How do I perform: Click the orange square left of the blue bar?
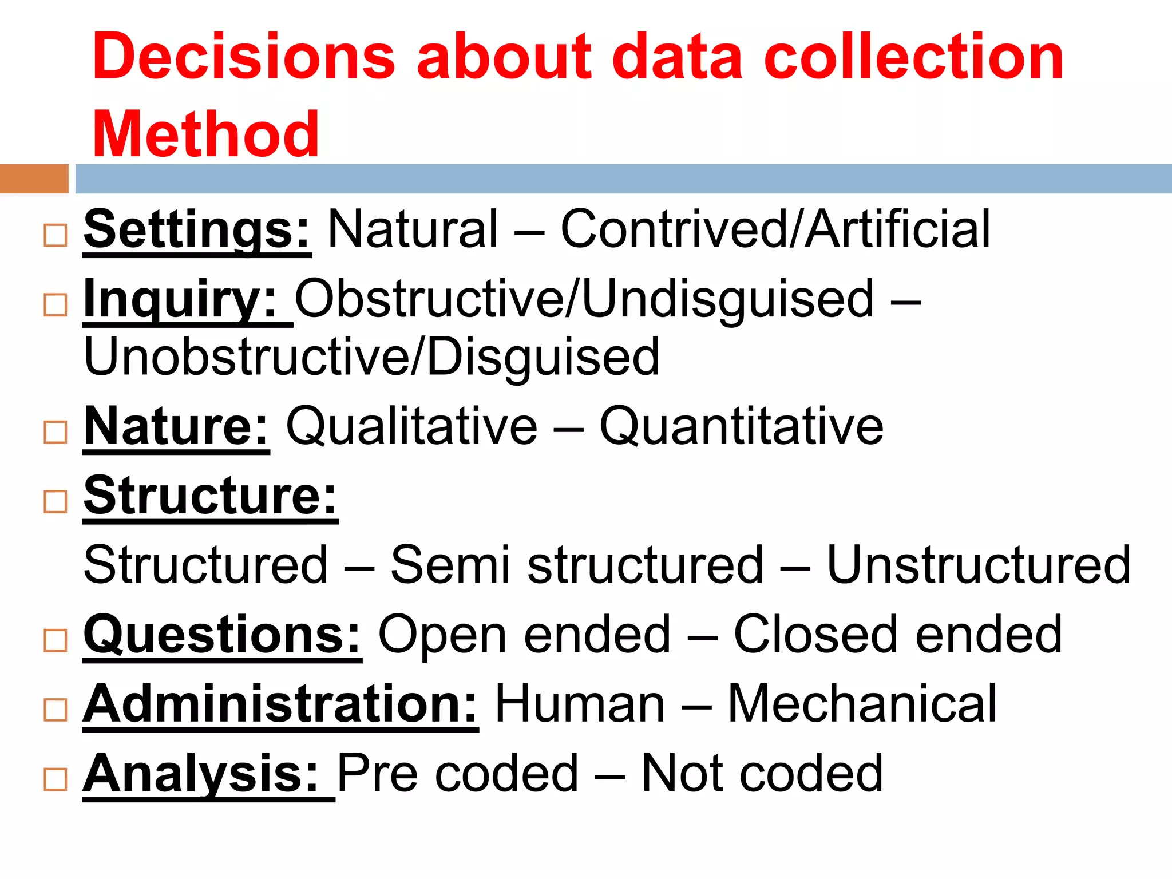pyautogui.click(x=34, y=179)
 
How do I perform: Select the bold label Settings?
pyautogui.click(x=197, y=229)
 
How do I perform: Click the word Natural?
pyautogui.click(x=413, y=229)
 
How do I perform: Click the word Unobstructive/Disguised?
pyautogui.click(x=371, y=357)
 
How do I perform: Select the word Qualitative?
pyautogui.click(x=411, y=426)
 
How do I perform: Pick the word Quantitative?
pyautogui.click(x=741, y=426)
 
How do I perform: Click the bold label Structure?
pyautogui.click(x=210, y=496)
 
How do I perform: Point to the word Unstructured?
pyautogui.click(x=979, y=565)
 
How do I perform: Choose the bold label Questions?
pyautogui.click(x=222, y=635)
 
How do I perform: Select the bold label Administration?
pyautogui.click(x=280, y=704)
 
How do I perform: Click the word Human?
pyautogui.click(x=579, y=704)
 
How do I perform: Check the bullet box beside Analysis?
pyautogui.click(x=56, y=779)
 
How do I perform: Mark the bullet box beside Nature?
pyautogui.click(x=56, y=432)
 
